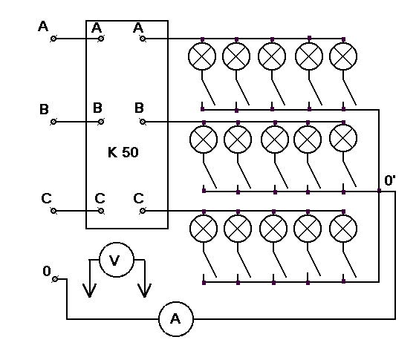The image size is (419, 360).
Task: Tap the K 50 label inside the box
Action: point(123,152)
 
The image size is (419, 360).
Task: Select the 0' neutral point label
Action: point(390,180)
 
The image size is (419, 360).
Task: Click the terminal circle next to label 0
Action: point(55,279)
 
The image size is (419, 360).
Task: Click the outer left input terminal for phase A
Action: point(53,39)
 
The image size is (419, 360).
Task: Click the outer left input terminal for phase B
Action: point(53,122)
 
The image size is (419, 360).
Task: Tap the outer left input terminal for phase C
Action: point(53,211)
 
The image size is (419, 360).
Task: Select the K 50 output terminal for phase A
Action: point(143,39)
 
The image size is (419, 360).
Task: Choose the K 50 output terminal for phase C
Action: point(143,211)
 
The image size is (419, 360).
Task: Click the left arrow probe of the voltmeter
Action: point(89,278)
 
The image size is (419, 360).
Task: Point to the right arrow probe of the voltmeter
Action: point(145,278)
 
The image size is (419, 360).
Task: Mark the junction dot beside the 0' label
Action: point(379,191)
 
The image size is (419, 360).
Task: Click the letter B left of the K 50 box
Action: point(44,109)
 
